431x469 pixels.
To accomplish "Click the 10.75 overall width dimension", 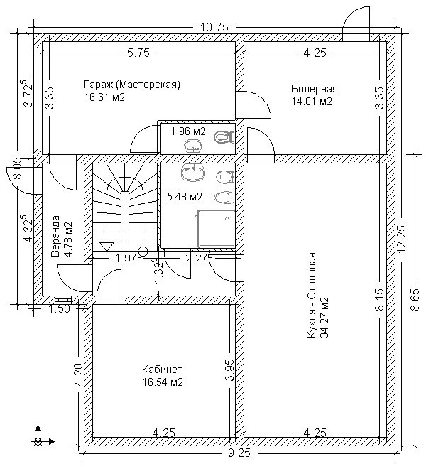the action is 214,27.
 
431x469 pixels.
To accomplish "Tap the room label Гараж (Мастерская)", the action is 132,85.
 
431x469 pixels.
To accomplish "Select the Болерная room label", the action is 315,89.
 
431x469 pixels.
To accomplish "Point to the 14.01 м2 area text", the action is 312,102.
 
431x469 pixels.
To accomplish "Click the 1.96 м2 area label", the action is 188,131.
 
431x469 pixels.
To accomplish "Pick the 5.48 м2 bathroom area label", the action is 185,197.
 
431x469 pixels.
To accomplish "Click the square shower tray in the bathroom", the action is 217,229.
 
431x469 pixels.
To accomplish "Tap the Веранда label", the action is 55,236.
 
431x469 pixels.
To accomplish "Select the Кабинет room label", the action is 162,370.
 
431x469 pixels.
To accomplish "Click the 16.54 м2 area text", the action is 163,382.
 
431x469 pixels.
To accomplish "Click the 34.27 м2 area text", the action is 324,317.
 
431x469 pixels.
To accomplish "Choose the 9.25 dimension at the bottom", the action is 239,453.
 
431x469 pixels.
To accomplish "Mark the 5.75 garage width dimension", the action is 138,53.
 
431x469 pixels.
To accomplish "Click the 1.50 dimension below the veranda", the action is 59,308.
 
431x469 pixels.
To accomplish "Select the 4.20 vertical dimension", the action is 79,374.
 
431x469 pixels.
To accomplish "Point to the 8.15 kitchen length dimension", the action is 380,301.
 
